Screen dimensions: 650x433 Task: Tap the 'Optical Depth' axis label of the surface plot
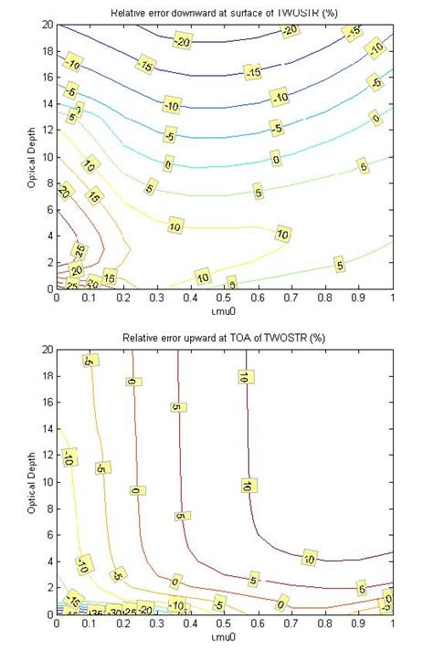[x=30, y=155]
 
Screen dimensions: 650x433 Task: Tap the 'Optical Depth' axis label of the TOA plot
[x=30, y=481]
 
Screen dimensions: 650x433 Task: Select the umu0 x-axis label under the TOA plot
[x=225, y=634]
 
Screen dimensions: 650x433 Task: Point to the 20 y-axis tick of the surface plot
[x=47, y=25]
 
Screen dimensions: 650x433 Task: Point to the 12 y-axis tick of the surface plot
[x=47, y=131]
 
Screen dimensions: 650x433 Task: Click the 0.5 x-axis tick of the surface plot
[x=225, y=298]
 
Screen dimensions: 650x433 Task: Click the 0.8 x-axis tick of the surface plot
[x=325, y=298]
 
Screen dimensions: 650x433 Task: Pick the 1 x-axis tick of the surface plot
[x=393, y=298]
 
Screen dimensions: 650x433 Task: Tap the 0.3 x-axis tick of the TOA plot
[x=157, y=624]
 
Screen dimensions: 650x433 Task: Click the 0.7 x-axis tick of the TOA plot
[x=291, y=624]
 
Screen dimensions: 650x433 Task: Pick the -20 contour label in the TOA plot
[x=145, y=610]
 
